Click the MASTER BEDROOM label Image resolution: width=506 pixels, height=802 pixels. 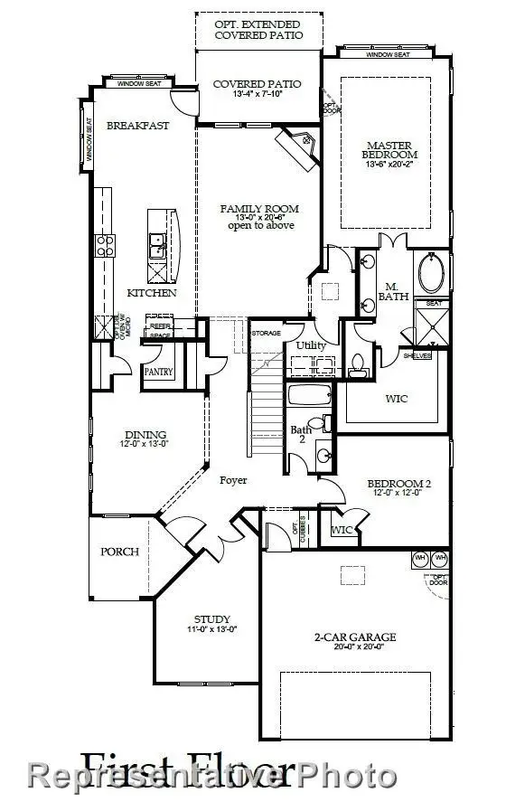(x=389, y=151)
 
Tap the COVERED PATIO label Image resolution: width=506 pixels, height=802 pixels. (x=257, y=84)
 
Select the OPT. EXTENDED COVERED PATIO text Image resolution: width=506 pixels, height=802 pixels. (x=258, y=29)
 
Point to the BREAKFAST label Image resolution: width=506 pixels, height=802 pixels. (x=137, y=126)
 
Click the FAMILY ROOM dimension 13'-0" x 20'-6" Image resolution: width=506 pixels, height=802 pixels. (x=259, y=217)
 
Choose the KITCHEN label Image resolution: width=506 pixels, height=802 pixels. (x=151, y=293)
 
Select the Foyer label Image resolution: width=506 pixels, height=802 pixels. (x=232, y=480)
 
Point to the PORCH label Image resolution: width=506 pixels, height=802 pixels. (x=118, y=551)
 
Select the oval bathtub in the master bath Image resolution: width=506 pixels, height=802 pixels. (x=431, y=274)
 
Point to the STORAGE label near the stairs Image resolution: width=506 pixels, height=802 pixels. (x=266, y=334)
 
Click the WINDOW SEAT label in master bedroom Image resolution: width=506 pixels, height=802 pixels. (x=387, y=55)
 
